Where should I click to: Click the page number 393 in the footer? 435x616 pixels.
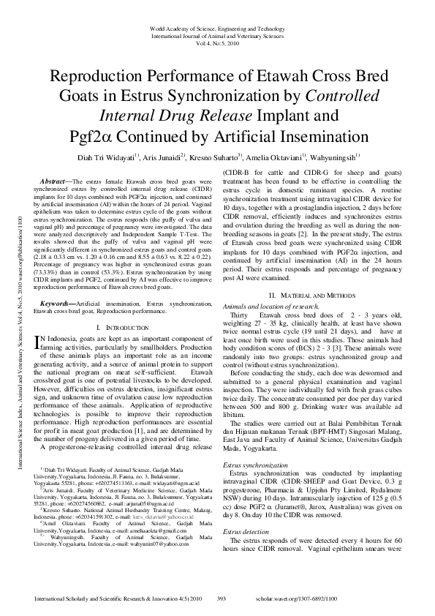coord(222,598)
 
